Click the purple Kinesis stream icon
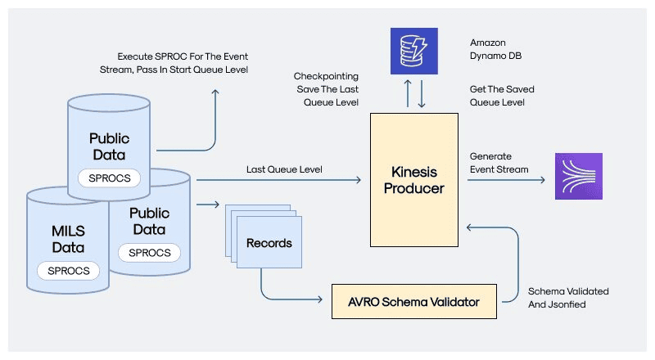tap(579, 176)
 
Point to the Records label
tap(269, 243)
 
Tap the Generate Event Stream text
tap(499, 163)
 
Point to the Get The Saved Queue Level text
tap(497, 96)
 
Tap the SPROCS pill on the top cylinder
tap(109, 178)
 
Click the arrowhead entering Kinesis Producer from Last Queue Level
tap(359, 178)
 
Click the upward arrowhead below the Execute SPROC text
tap(216, 92)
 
